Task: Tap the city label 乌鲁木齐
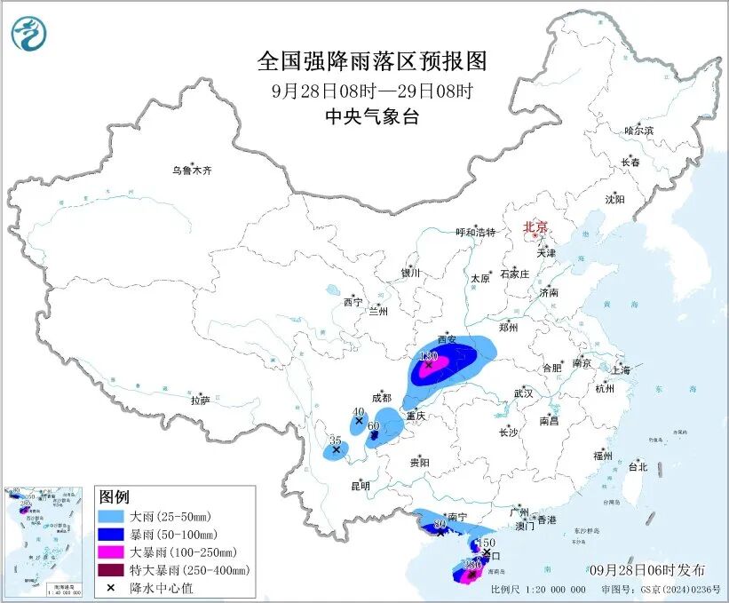[x=193, y=171]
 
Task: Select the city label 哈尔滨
[x=638, y=130]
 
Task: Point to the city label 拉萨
[x=200, y=401]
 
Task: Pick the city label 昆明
[x=361, y=486]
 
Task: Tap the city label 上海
[x=621, y=369]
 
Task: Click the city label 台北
[x=638, y=466]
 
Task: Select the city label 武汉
[x=523, y=393]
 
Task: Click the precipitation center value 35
[x=335, y=440]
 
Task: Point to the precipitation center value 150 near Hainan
[x=486, y=542]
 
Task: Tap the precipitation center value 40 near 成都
[x=359, y=411]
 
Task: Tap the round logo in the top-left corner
[x=28, y=33]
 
